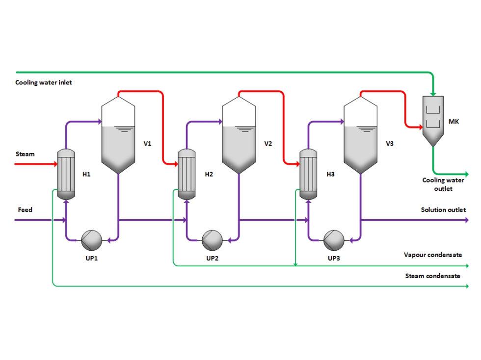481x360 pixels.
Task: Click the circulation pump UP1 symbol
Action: [x=92, y=239]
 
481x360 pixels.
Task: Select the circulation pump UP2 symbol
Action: [x=213, y=239]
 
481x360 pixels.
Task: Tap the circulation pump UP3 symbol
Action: [x=334, y=239]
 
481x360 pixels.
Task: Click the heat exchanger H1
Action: [x=66, y=174]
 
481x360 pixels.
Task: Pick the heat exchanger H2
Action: [x=187, y=174]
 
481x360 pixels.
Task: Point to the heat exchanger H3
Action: [x=308, y=174]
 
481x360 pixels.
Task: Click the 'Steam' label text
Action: [x=25, y=154]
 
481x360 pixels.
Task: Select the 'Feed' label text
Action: [x=25, y=210]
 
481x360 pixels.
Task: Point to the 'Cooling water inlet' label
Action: [x=44, y=82]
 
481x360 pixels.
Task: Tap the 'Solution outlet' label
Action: [x=443, y=210]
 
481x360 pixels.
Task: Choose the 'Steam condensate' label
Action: [x=432, y=276]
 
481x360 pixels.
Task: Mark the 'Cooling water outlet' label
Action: [x=443, y=184]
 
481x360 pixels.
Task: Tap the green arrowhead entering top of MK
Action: [x=433, y=93]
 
